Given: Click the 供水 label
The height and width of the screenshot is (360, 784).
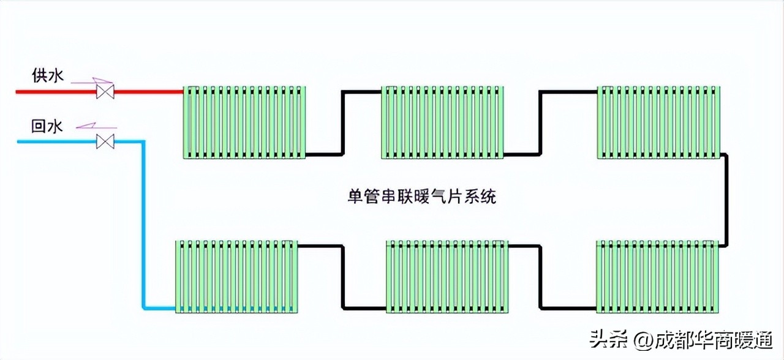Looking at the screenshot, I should click(x=47, y=77).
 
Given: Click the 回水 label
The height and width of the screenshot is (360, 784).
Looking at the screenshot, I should click(x=47, y=127).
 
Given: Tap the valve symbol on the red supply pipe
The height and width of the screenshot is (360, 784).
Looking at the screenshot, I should click(x=105, y=92).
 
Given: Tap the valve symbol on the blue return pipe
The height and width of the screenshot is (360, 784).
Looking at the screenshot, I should click(x=105, y=142).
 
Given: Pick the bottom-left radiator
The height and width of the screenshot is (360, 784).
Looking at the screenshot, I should click(x=237, y=276).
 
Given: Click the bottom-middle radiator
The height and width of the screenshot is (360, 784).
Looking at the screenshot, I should click(x=447, y=276).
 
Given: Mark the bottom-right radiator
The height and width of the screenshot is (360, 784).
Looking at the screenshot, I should click(x=657, y=276).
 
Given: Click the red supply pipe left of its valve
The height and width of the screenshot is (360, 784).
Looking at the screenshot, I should click(x=55, y=92).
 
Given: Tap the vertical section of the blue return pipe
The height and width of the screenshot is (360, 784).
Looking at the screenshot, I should click(x=143, y=227).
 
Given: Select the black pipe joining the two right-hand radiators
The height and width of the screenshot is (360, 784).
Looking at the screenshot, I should click(x=725, y=200).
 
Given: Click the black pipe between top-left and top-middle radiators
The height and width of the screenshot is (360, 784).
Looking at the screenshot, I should click(x=342, y=122).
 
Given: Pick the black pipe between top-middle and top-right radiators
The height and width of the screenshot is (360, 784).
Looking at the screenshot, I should click(x=540, y=122).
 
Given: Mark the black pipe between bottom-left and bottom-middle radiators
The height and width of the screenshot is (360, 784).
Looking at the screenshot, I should click(x=342, y=276).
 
